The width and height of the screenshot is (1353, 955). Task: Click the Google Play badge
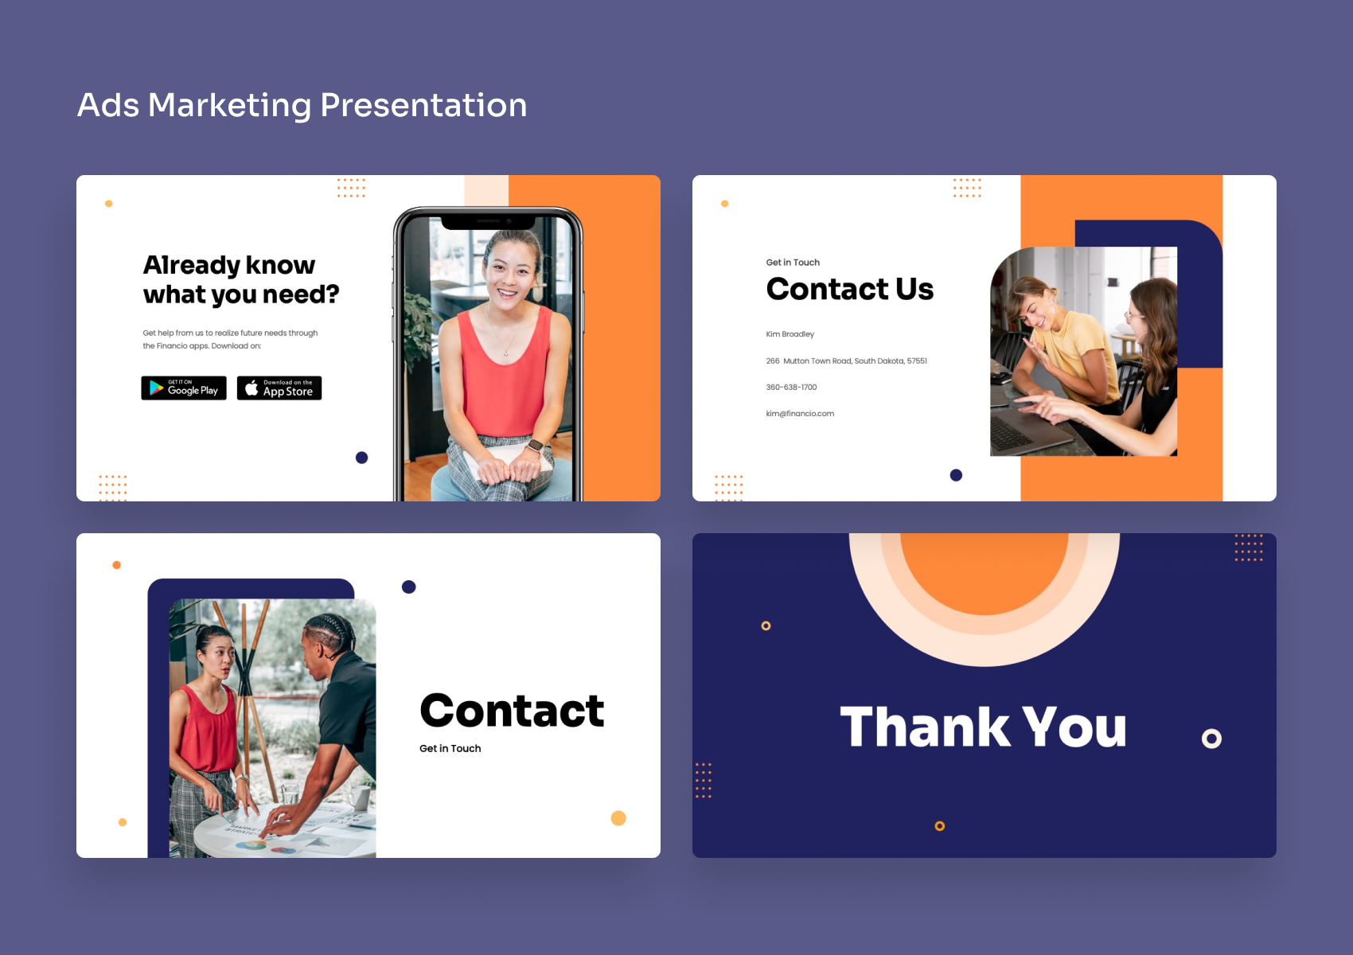[x=184, y=388]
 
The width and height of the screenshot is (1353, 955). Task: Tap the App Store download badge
[x=279, y=388]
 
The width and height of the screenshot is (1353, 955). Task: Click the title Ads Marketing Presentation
[x=302, y=105]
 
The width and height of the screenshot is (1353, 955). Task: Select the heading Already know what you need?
[x=240, y=279]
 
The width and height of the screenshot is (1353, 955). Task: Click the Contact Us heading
[x=849, y=289]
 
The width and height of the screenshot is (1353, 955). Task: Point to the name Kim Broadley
[x=790, y=334]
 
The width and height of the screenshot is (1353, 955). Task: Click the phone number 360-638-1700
[x=791, y=388]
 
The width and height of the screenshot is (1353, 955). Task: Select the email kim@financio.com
[x=800, y=414]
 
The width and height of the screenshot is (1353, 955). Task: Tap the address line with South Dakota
[x=846, y=361]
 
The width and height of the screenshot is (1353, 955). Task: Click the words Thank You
[x=983, y=727]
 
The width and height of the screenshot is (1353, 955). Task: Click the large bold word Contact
[x=512, y=711]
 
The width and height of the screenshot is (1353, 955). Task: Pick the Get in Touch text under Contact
[x=450, y=749]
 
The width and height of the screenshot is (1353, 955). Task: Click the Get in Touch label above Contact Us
[x=793, y=263]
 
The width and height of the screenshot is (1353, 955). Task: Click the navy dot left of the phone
[x=361, y=458]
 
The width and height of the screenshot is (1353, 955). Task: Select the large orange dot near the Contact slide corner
[x=618, y=818]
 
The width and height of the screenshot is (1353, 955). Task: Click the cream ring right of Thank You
[x=1211, y=739]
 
